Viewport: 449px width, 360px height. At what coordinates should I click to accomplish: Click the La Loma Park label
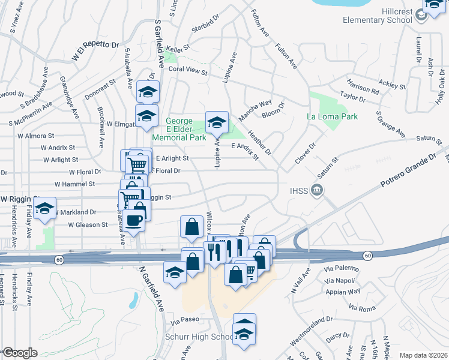point(332,116)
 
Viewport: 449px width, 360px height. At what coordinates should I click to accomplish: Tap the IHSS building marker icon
point(318,191)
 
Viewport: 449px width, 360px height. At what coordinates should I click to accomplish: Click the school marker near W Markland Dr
point(44,208)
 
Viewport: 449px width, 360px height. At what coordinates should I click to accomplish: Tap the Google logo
point(20,353)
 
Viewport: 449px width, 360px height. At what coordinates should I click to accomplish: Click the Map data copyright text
point(423,355)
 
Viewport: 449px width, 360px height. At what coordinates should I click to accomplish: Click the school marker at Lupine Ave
point(217,123)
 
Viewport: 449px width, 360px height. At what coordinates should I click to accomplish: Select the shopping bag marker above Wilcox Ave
point(191,227)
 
